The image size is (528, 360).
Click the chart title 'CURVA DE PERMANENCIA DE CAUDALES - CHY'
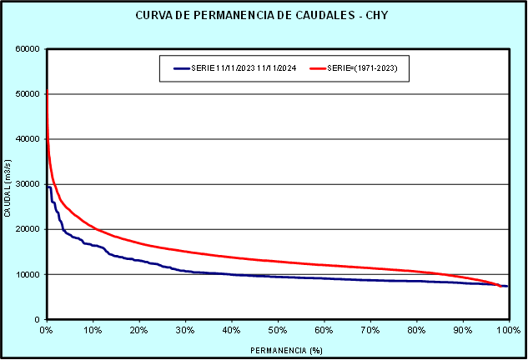click(262, 16)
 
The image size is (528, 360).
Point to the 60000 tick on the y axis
click(28, 48)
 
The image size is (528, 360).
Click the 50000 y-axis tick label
click(28, 93)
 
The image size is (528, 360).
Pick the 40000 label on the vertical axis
click(28, 139)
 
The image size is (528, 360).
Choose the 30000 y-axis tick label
click(28, 184)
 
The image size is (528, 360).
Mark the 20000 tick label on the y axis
click(28, 229)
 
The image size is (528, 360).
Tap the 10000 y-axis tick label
click(28, 274)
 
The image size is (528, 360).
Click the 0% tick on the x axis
click(47, 331)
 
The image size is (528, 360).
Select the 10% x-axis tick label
click(93, 331)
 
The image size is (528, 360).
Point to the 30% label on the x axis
click(185, 331)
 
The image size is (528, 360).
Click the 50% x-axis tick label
click(278, 331)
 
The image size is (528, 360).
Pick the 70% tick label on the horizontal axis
click(370, 331)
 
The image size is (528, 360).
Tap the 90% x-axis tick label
click(462, 331)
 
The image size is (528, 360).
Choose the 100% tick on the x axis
click(507, 331)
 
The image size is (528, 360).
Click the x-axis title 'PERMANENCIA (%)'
click(277, 350)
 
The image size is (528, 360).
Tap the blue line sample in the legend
click(184, 68)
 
